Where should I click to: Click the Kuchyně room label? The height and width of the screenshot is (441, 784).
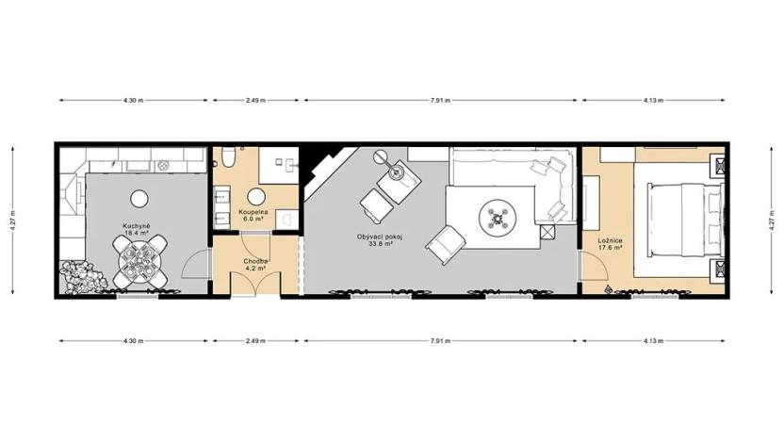pyautogui.click(x=138, y=225)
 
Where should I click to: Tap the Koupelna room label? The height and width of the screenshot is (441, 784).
pyautogui.click(x=253, y=212)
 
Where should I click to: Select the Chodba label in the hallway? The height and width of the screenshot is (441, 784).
pyautogui.click(x=254, y=261)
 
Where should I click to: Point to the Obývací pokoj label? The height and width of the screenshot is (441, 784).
pyautogui.click(x=380, y=236)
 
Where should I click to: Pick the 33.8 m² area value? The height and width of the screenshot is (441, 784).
pyautogui.click(x=380, y=243)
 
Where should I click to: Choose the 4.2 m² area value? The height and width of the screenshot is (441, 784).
pyautogui.click(x=254, y=269)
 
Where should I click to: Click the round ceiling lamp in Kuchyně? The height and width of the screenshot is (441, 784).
pyautogui.click(x=139, y=198)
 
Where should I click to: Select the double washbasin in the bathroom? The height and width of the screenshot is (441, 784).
pyautogui.click(x=222, y=207)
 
